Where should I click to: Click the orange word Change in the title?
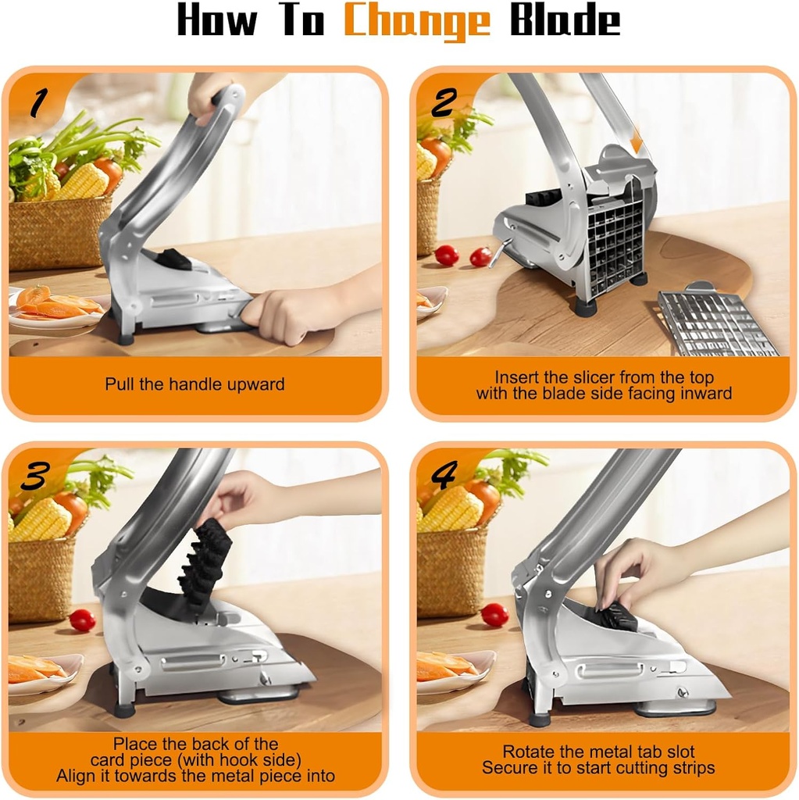click(417, 23)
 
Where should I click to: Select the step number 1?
click(37, 102)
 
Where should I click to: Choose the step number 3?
click(36, 475)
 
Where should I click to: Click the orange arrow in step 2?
click(636, 141)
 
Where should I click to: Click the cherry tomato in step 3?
click(82, 620)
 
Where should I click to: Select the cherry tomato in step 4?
click(494, 615)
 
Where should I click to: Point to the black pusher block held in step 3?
click(205, 562)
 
